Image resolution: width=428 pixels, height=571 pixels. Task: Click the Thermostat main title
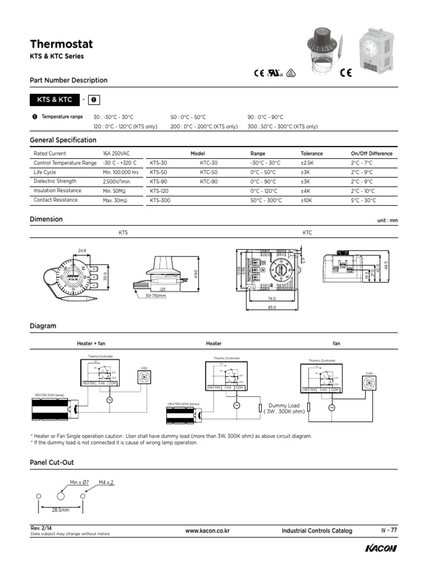[x=61, y=44]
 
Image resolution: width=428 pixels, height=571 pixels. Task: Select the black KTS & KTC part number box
[x=54, y=100]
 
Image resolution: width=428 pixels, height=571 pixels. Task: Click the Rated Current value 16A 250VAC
[x=115, y=153]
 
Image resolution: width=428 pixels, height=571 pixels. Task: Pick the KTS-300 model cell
[x=160, y=200]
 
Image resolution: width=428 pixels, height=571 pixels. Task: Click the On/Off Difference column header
[x=371, y=153]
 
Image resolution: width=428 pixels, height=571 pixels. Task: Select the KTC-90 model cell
[x=209, y=182]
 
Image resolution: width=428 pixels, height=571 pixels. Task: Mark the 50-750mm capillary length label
[x=156, y=296]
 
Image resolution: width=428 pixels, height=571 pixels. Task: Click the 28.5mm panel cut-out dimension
[x=60, y=510]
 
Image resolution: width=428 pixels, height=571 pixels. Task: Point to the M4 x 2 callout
[x=106, y=482]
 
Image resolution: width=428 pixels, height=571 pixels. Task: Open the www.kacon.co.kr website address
[x=207, y=531]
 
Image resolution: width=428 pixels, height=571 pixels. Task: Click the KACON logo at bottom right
[x=381, y=549]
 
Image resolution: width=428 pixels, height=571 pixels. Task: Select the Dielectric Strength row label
[x=55, y=181]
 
